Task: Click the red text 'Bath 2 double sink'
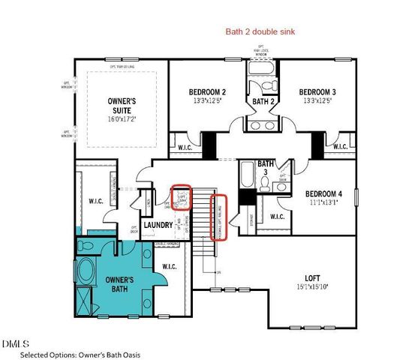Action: coord(262,32)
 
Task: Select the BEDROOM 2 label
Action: coord(209,92)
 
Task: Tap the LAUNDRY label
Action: coord(158,224)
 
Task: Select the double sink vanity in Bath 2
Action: coord(262,125)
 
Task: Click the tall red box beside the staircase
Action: coord(220,217)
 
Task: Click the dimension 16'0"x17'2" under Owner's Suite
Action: coord(120,118)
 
